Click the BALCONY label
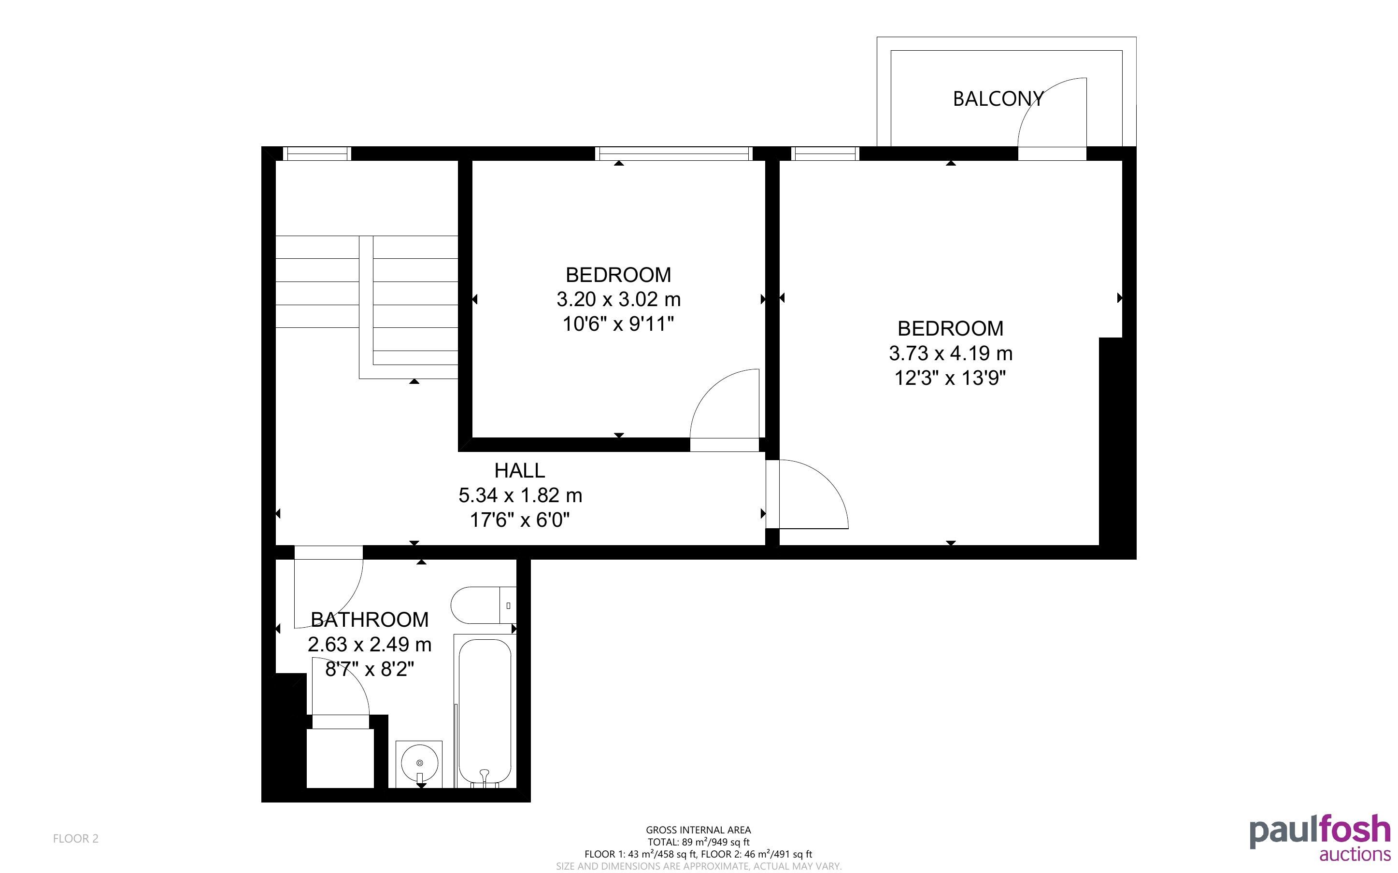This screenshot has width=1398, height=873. tap(998, 99)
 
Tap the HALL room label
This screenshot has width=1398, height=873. tap(520, 471)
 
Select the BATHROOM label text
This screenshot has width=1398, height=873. tap(370, 620)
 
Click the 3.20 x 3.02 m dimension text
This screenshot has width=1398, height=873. tap(618, 299)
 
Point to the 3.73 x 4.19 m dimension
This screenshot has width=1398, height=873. tap(951, 353)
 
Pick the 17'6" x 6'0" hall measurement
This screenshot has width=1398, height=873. tap(520, 520)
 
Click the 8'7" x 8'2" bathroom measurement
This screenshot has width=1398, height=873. tap(370, 669)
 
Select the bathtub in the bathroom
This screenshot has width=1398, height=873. tap(485, 711)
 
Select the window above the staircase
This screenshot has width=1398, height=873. tap(317, 154)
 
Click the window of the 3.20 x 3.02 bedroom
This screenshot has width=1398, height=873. tap(674, 154)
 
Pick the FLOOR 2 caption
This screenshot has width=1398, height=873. tap(76, 838)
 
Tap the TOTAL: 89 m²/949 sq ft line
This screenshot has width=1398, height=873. tap(698, 842)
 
